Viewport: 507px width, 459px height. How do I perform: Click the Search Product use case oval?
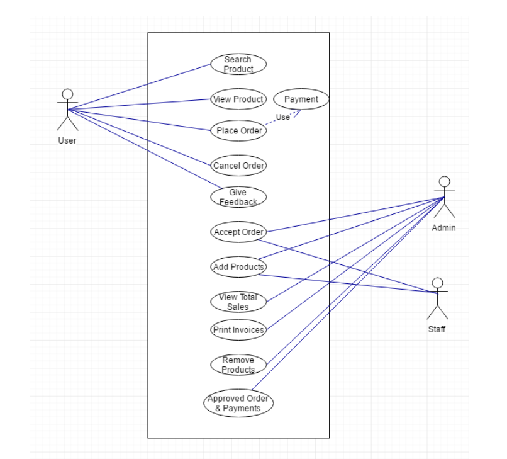tap(238, 64)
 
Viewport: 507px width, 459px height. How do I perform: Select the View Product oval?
tap(238, 99)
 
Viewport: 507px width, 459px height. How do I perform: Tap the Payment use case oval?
tap(301, 99)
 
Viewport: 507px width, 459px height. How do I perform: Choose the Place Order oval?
tap(238, 131)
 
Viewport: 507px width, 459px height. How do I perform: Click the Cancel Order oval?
tap(238, 166)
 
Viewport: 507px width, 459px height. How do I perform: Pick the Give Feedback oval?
tap(238, 197)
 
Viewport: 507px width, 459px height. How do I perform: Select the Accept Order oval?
tap(238, 232)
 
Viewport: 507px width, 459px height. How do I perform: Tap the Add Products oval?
tap(238, 267)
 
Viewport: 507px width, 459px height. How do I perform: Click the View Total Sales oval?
tap(238, 302)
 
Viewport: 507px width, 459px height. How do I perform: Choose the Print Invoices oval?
tap(238, 329)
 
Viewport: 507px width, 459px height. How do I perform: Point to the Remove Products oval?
tap(238, 365)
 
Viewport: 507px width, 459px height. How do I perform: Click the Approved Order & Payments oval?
tap(238, 403)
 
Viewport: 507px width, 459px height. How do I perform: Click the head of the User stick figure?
tap(67, 94)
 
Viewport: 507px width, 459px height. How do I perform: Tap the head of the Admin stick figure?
tap(445, 182)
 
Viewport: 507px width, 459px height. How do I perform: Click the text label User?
tap(67, 140)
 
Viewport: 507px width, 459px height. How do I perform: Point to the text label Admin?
tap(443, 228)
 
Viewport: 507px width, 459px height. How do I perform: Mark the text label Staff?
tap(437, 329)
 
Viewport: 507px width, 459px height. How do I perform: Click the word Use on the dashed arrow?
tap(283, 117)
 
